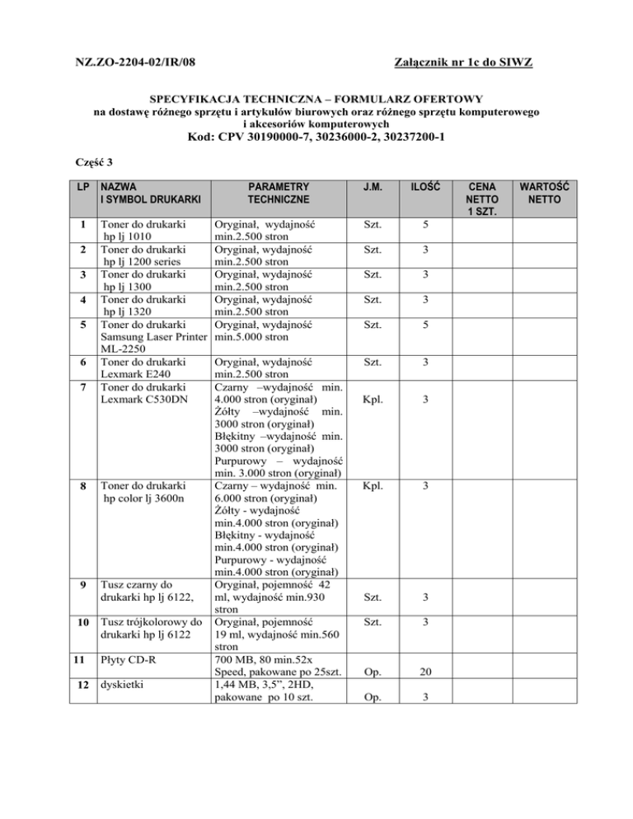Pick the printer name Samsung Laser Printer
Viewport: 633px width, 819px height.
pos(154,337)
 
